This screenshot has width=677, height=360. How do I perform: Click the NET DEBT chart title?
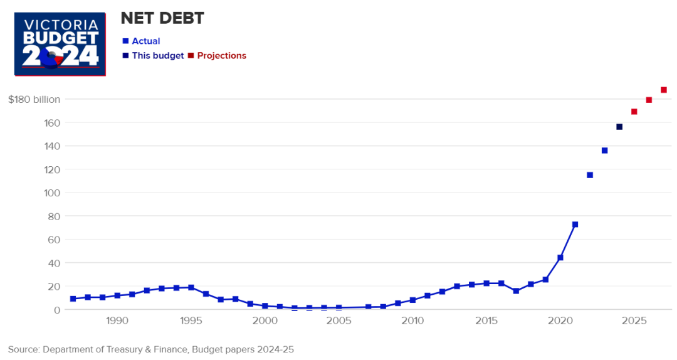(162, 19)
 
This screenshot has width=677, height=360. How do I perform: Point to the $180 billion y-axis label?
(34, 99)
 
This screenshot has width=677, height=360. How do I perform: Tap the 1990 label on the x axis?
(117, 321)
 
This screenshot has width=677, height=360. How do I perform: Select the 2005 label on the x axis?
(339, 321)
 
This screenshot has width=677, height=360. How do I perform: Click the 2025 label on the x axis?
(634, 321)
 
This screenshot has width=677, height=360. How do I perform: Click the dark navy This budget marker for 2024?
(619, 127)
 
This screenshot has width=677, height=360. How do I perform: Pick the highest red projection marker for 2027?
(664, 90)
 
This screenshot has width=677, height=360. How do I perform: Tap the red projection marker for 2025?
(634, 112)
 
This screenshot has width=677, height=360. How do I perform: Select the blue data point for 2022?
(590, 175)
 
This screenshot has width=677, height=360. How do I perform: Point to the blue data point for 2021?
(575, 225)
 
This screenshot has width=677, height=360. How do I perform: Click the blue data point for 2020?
(560, 258)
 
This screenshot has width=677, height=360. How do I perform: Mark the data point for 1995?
(191, 288)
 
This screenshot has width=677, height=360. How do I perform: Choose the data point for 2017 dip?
(516, 291)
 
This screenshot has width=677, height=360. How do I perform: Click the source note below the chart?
(150, 349)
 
